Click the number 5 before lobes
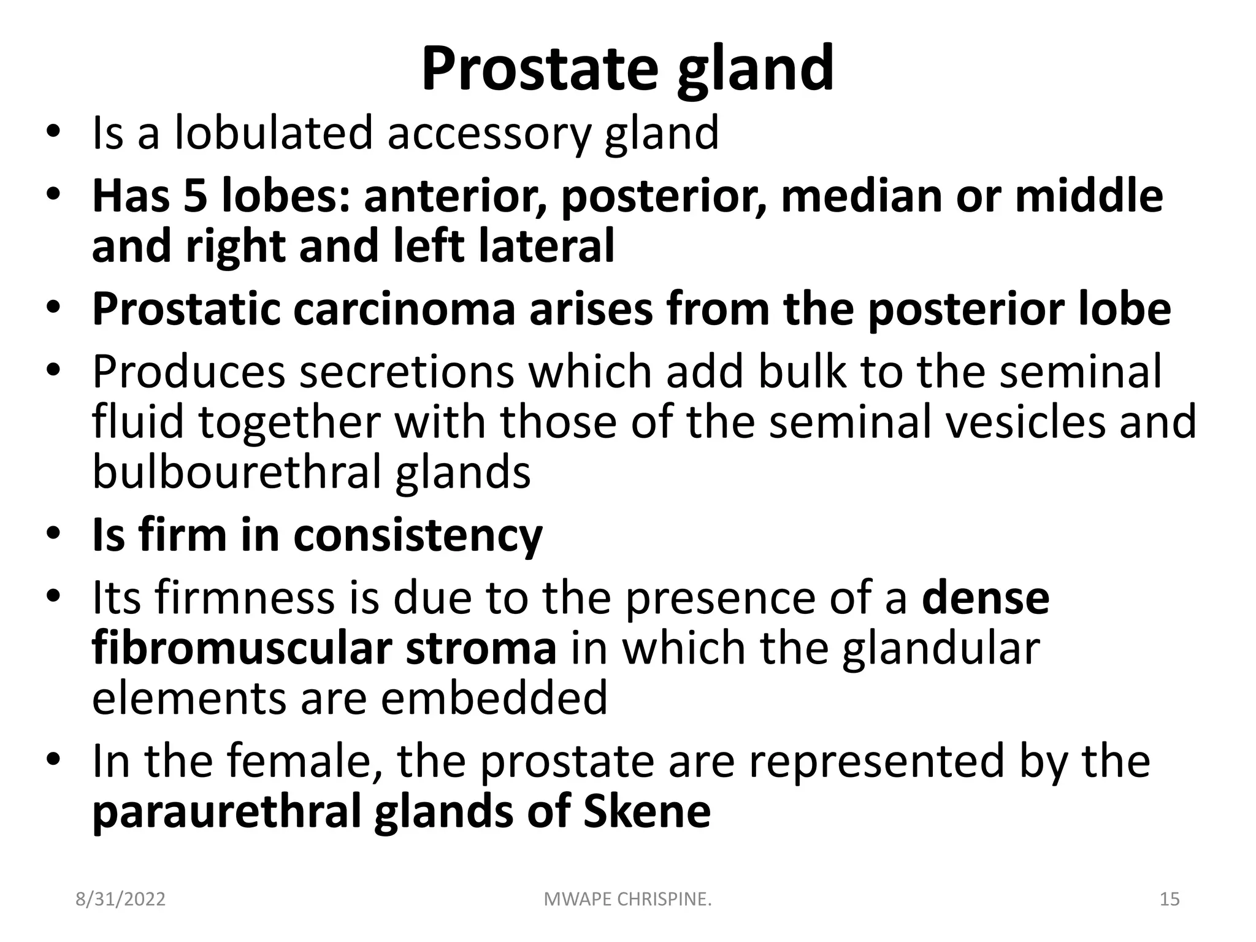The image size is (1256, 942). point(196,196)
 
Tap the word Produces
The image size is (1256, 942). point(189,372)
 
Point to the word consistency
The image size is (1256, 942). point(418,535)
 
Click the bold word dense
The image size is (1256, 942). point(986,598)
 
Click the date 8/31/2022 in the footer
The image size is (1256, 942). point(120,900)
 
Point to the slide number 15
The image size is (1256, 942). point(1170,900)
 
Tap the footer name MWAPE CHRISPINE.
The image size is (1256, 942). point(628,900)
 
